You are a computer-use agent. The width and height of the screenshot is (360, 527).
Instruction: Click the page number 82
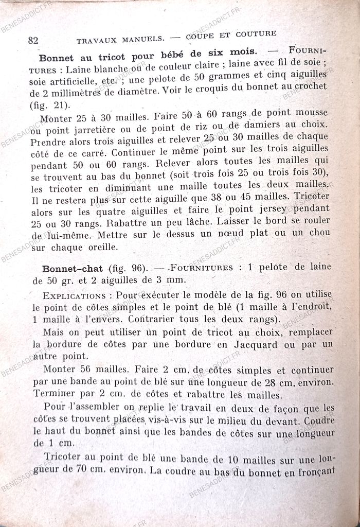(34, 40)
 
